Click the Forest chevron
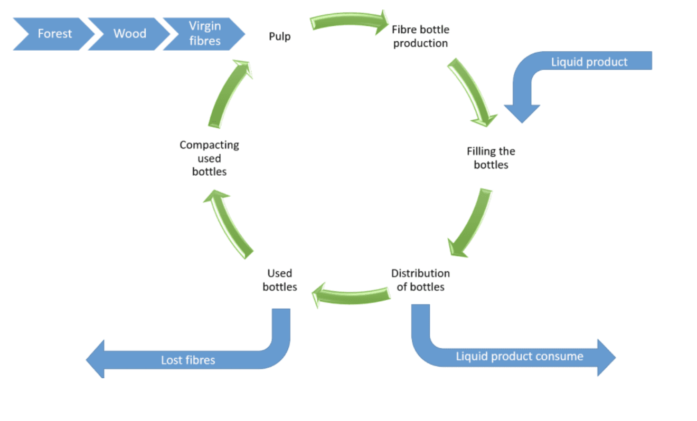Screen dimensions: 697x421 coord(53,34)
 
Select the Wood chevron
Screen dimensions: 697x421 coord(129,34)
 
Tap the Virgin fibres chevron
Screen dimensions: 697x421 coord(204,34)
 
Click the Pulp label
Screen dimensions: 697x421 coord(280,36)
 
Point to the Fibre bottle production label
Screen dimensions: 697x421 coord(420,36)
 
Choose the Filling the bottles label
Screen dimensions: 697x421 coord(491,158)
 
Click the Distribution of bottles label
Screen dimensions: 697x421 coord(420,280)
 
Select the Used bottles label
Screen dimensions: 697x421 coord(280,280)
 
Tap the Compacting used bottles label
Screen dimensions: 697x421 coord(209,158)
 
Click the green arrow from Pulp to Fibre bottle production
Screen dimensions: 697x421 coord(348,20)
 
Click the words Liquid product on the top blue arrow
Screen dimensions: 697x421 coord(589,62)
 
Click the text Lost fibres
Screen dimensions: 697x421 coord(188,360)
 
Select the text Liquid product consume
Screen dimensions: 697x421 coord(520,356)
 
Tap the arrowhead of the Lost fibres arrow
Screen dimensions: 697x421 coord(95,359)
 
